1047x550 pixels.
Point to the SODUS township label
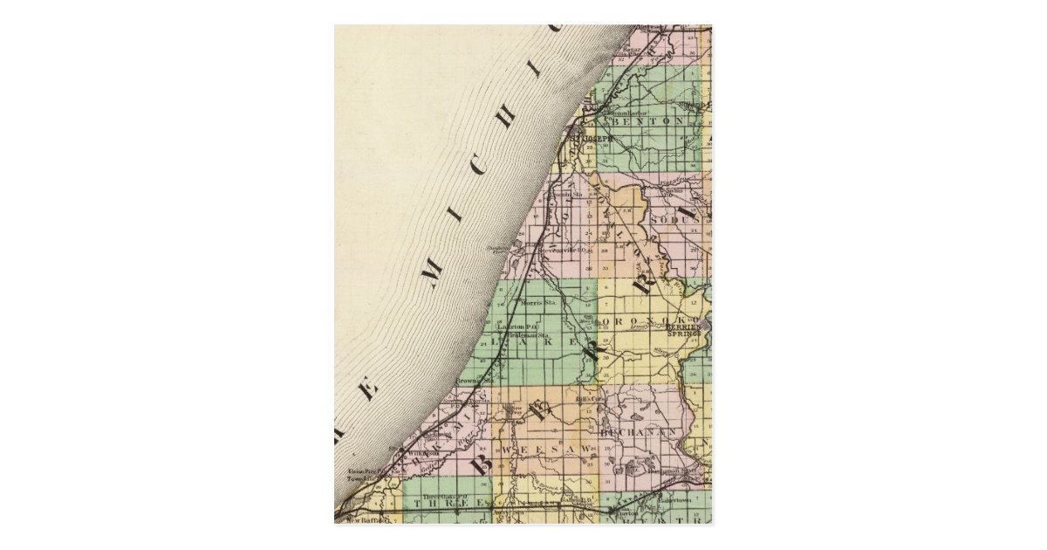681,221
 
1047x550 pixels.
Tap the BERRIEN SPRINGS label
684,329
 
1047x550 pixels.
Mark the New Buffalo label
361,519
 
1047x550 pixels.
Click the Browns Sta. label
479,381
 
